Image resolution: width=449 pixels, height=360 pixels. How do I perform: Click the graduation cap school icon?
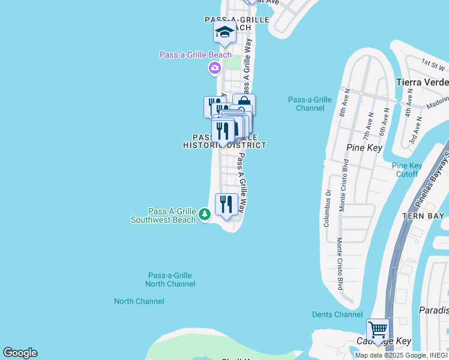(x=225, y=33)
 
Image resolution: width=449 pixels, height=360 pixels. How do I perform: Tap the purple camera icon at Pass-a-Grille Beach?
(x=214, y=68)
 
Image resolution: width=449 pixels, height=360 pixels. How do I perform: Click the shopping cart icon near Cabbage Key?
(x=378, y=329)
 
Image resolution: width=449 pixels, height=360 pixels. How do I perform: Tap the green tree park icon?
(x=205, y=214)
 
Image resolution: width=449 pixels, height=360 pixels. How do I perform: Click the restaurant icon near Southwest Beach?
(x=226, y=205)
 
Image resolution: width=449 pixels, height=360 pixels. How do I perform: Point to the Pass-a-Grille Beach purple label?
(x=196, y=55)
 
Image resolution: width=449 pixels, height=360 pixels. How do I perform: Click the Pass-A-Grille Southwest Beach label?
(x=163, y=215)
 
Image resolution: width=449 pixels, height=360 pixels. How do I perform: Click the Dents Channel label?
(x=337, y=314)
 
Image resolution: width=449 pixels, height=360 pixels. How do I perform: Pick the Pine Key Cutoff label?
(x=407, y=170)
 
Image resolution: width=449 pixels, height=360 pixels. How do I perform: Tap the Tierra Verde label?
(x=423, y=82)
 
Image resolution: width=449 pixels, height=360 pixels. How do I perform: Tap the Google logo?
(x=20, y=353)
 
